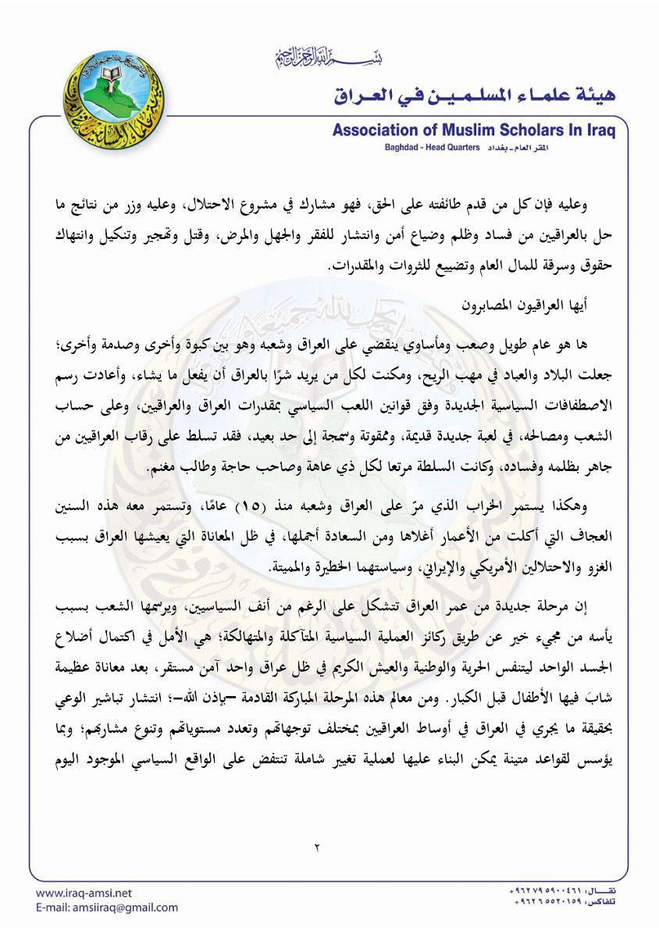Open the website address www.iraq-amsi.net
(x=84, y=893)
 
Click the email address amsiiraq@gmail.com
(x=116, y=908)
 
